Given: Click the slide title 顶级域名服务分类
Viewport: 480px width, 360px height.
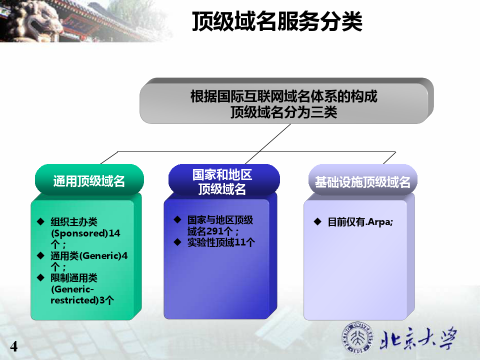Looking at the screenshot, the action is (277, 21).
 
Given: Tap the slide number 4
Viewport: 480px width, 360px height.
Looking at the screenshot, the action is (14, 346).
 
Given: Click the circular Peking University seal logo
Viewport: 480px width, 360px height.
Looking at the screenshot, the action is (357, 337).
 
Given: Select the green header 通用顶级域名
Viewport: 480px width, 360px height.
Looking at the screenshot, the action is (89, 181).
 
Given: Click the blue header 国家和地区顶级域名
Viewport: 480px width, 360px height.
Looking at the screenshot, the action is (222, 181).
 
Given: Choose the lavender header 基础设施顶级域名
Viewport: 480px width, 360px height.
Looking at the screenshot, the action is (363, 182).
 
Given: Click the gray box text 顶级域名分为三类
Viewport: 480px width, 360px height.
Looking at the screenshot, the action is (284, 112).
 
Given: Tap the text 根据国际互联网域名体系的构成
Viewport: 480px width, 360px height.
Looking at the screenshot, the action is (284, 96).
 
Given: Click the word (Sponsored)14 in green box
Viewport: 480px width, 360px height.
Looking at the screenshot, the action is (85, 233).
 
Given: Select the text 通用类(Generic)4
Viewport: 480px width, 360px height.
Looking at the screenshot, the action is (89, 255).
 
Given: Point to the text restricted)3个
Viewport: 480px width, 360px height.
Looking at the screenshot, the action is (82, 300).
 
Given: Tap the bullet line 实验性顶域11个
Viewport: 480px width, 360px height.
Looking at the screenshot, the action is (221, 242).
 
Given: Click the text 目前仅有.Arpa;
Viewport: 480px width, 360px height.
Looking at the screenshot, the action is (360, 222).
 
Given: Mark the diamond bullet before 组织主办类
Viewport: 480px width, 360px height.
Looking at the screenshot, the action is (40, 221).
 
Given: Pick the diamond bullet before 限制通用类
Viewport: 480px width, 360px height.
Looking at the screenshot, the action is (40, 277).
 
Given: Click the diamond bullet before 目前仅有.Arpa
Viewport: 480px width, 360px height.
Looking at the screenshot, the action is (318, 221).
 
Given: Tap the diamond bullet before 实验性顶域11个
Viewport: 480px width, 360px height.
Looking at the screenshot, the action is (177, 242).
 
